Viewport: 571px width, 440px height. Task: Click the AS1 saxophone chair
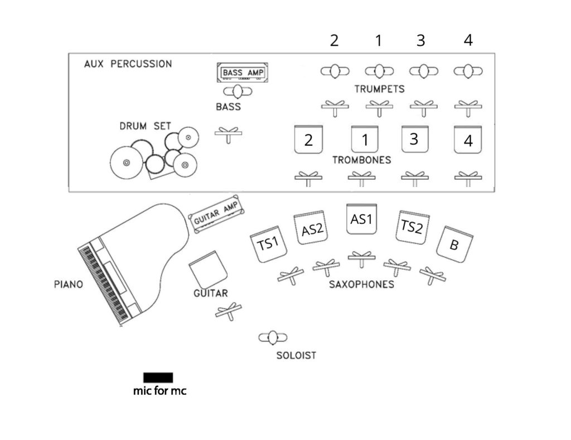coord(361,219)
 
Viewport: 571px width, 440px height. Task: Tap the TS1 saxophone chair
coord(268,244)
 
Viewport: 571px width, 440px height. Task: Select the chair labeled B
coord(455,244)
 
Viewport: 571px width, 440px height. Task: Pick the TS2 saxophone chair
coord(412,226)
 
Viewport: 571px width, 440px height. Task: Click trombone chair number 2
coord(308,139)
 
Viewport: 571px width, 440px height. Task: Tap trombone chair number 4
coord(468,140)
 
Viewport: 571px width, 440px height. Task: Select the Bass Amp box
coord(243,73)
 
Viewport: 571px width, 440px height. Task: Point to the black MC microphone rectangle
coord(158,377)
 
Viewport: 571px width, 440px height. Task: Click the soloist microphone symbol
coord(273,337)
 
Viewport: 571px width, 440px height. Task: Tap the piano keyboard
coord(104,285)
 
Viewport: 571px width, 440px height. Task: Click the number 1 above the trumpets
coord(379,40)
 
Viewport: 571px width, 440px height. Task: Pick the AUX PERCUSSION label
coord(128,64)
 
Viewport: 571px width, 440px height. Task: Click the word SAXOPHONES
coord(361,284)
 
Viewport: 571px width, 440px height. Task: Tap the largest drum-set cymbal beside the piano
coord(126,162)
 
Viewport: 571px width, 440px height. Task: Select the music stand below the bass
coord(229,134)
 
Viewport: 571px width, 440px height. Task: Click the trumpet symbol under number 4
coord(468,71)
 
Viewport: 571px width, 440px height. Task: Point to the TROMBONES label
coord(361,160)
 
